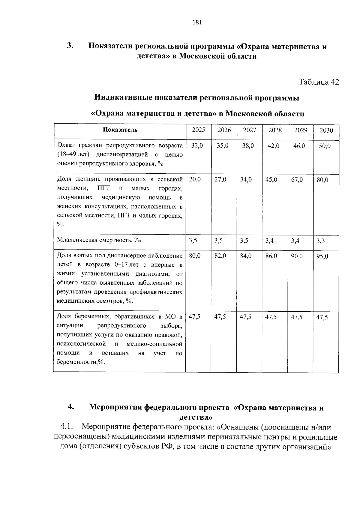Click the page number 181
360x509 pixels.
[x=197, y=22]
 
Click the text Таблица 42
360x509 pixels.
[x=319, y=82]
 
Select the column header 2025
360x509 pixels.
[x=198, y=130]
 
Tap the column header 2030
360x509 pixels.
[x=326, y=130]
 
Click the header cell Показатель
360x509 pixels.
[x=120, y=130]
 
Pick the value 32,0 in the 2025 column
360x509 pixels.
[x=197, y=146]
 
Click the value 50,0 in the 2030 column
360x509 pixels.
[x=325, y=146]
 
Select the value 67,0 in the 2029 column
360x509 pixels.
[x=297, y=180]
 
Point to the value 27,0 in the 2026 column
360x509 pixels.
[x=220, y=180]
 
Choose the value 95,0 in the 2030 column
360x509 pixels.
[x=322, y=256]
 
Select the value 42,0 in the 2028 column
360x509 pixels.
[x=273, y=146]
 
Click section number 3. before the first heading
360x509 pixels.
[x=70, y=46]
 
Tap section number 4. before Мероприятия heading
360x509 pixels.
[x=71, y=407]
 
